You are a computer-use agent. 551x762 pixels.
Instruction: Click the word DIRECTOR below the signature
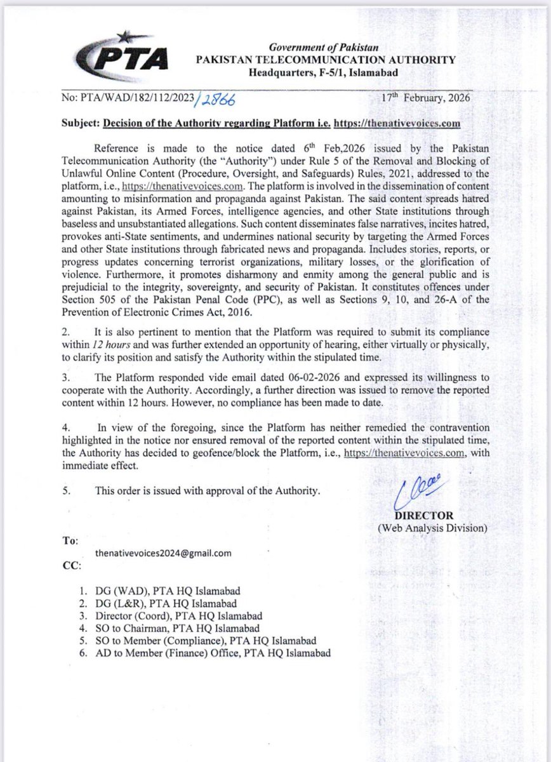[x=413, y=516]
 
